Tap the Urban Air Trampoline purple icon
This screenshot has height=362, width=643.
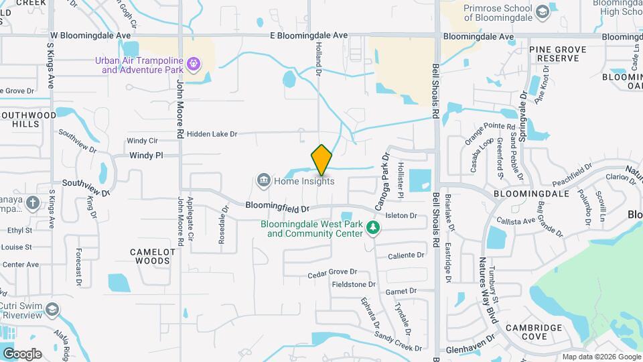[195, 64]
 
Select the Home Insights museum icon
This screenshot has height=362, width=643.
[263, 180]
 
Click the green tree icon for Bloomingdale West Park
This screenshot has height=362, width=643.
[374, 229]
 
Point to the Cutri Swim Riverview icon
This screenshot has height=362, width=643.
[52, 310]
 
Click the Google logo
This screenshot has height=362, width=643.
[22, 354]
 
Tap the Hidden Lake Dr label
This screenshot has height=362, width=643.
[212, 134]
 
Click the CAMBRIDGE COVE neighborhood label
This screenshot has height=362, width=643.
[534, 333]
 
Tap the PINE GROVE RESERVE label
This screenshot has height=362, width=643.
[557, 54]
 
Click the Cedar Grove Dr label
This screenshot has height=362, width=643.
[332, 273]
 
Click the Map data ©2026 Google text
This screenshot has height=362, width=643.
[600, 357]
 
